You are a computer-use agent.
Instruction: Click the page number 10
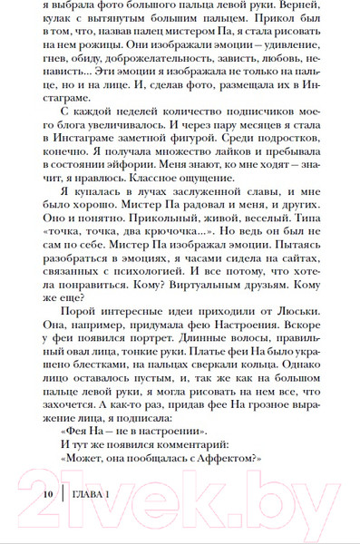point(49,492)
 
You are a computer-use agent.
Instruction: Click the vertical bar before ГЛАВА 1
point(62,492)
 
